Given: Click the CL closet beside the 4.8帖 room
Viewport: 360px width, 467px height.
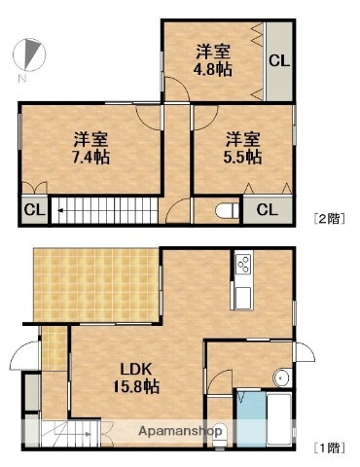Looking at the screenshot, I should tap(278, 61).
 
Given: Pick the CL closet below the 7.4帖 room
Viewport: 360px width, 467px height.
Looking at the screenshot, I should tap(32, 209).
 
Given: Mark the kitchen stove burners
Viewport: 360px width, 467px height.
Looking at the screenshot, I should tap(243, 265).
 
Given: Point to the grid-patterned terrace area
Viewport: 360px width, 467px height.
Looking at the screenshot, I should tap(95, 282).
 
